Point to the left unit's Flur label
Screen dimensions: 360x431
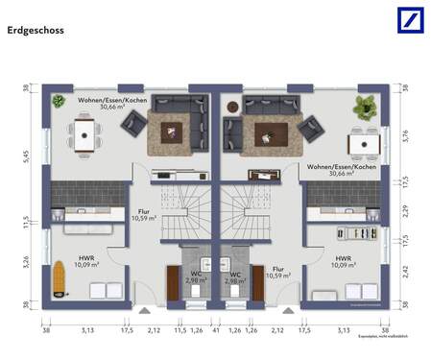click(144, 213)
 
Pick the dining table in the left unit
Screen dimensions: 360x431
click(85, 137)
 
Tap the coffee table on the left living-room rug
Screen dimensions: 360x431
click(176, 131)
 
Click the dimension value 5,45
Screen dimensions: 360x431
click(27, 159)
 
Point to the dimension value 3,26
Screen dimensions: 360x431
click(27, 260)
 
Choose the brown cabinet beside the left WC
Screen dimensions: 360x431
click(173, 280)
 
